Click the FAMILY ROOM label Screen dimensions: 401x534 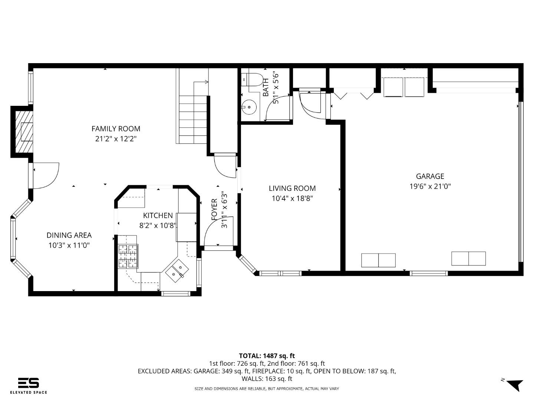coord(116,129)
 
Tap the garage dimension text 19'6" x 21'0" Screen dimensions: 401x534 coord(430,186)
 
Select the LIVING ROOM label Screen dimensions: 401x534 coord(292,189)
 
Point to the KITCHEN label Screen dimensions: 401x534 coord(158,215)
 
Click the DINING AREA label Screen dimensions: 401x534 coord(69,235)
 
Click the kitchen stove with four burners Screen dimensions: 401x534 coord(128,256)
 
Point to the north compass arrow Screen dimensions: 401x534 coord(514,384)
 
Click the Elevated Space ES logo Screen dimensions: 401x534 coord(29,383)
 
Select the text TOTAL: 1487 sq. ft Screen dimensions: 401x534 coord(267,356)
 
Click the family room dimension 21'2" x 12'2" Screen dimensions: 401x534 coord(116,139)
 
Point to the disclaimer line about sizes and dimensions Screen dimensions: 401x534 coord(267,389)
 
